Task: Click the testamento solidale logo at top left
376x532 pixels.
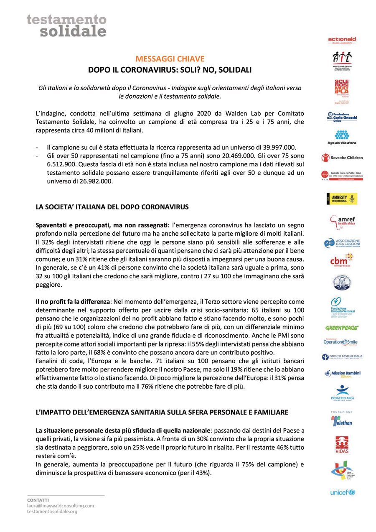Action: [66, 25]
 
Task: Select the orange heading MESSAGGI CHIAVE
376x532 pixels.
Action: [170, 59]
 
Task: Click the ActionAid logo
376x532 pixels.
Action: [342, 40]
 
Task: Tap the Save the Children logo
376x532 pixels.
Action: [342, 158]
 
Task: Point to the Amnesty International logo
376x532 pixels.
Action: [342, 199]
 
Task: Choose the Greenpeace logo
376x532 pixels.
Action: [342, 328]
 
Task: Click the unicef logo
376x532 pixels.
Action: [342, 492]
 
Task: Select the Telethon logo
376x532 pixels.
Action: [342, 421]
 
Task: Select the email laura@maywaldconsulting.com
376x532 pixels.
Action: [60, 506]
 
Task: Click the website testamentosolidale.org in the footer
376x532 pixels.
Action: [52, 511]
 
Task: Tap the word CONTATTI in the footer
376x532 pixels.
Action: [38, 500]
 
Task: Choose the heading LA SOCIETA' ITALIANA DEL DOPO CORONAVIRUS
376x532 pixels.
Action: [112, 207]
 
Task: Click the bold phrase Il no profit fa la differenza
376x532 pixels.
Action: [73, 301]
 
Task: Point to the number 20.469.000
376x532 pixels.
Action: [221, 156]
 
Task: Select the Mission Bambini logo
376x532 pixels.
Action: [342, 373]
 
